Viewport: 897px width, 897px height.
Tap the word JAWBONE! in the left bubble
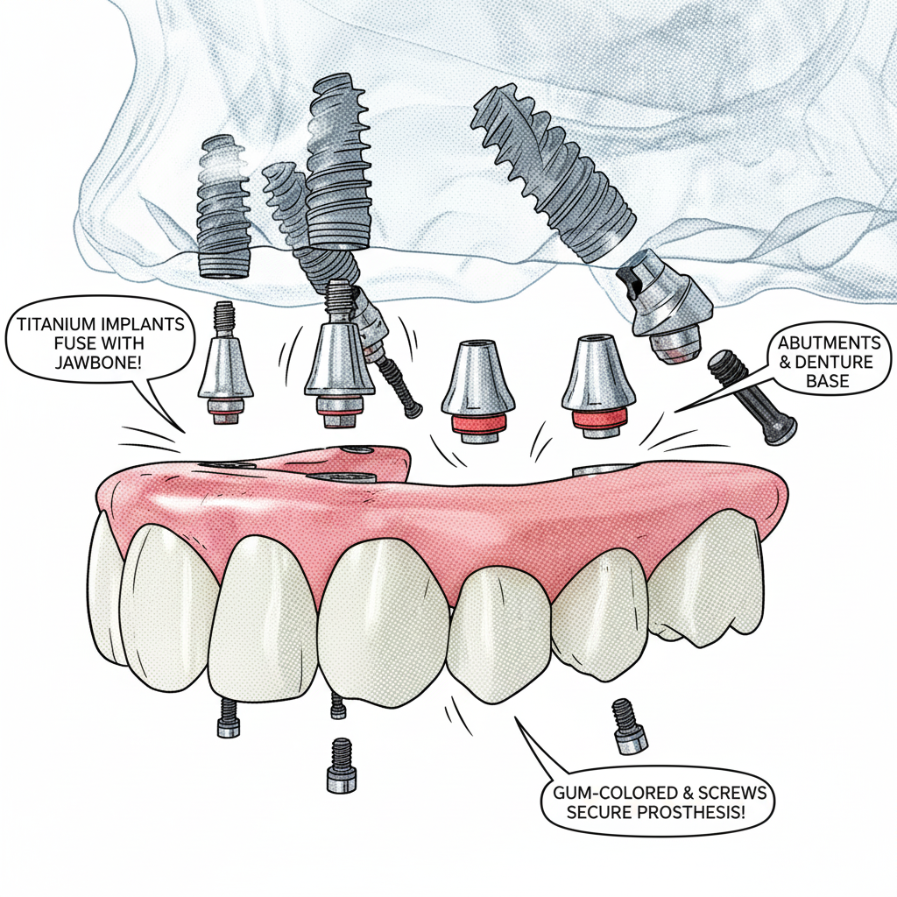(98, 362)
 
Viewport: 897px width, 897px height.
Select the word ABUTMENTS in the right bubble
(829, 343)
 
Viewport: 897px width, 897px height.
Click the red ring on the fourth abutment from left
(598, 418)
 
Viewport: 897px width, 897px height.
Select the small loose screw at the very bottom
(342, 765)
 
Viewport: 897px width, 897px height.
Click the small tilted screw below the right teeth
(629, 725)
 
